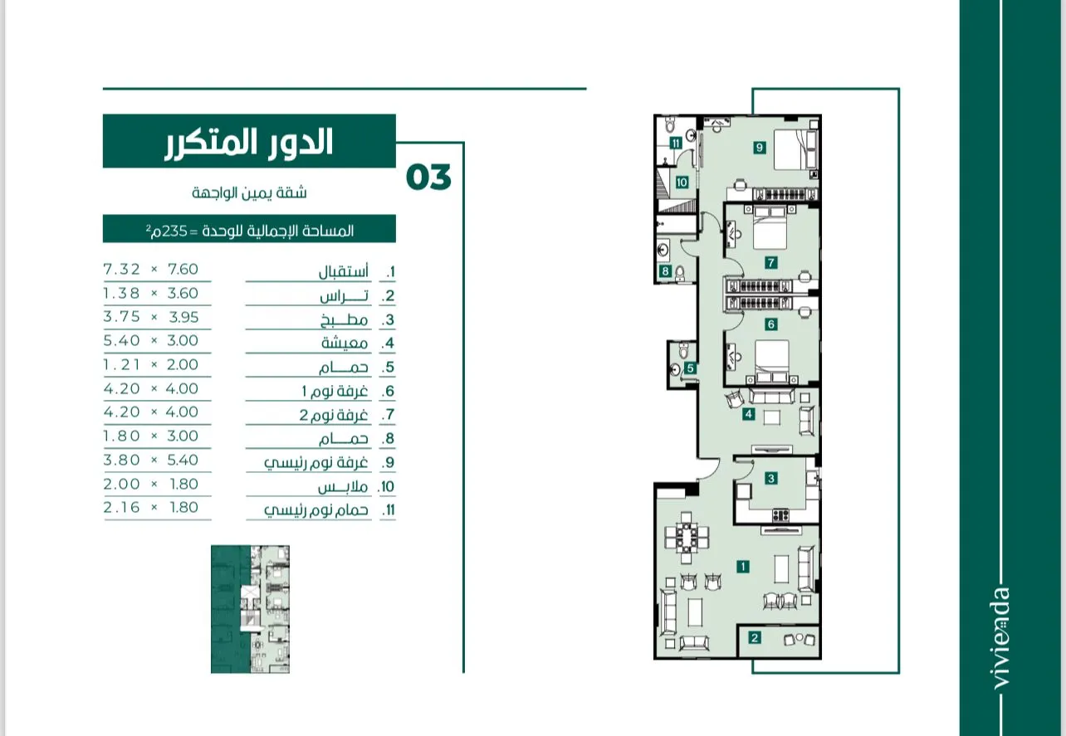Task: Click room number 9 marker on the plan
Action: click(759, 148)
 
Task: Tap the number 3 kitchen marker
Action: click(771, 478)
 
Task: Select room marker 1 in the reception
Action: click(742, 566)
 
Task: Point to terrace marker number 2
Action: click(755, 637)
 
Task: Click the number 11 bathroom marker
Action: click(676, 143)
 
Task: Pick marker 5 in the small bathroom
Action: click(690, 368)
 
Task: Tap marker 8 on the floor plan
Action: click(665, 271)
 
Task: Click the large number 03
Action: click(428, 178)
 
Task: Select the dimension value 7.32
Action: click(122, 270)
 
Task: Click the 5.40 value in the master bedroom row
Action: click(183, 460)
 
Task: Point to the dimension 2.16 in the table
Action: click(122, 508)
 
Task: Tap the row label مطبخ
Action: click(344, 320)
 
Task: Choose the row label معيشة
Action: click(345, 343)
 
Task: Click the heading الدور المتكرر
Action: click(249, 142)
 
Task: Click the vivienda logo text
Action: click(1000, 638)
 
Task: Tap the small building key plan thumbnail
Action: click(251, 609)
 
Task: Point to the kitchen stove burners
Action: click(780, 514)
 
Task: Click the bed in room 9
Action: click(795, 150)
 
